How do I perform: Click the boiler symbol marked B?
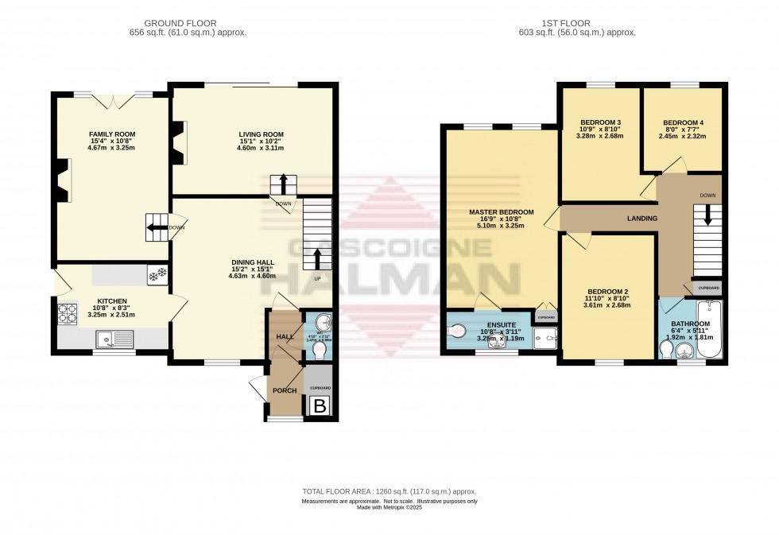coord(320,406)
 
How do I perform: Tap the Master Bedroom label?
coord(501,212)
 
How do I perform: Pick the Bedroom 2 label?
coord(607,291)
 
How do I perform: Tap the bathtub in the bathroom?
coord(710,328)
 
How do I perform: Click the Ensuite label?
coord(501,325)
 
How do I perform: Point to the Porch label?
coord(285,390)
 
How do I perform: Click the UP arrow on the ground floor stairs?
coord(317,260)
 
